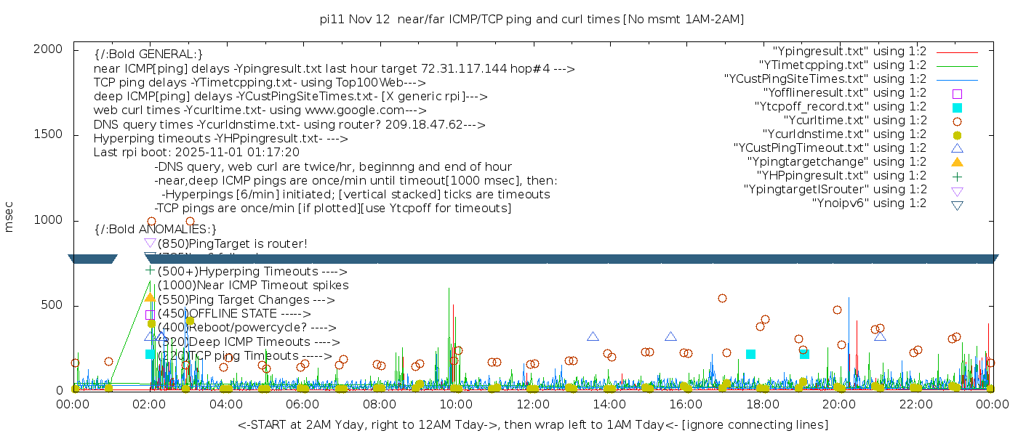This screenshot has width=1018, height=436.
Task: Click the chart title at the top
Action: (x=532, y=19)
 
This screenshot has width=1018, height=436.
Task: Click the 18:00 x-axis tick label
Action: (x=762, y=404)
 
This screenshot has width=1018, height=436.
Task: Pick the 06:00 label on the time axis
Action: (x=302, y=404)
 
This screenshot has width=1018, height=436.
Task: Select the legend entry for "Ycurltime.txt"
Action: (x=855, y=121)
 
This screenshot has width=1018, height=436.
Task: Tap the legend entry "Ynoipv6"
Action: (x=869, y=203)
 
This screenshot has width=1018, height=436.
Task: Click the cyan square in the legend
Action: (x=957, y=108)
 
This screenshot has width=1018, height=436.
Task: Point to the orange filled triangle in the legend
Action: (x=957, y=162)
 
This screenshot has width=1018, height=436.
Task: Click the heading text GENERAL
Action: (x=148, y=54)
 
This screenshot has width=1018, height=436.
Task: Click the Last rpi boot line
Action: (x=196, y=153)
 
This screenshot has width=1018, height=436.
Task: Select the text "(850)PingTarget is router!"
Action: (x=233, y=243)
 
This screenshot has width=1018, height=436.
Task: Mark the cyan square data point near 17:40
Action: (x=750, y=354)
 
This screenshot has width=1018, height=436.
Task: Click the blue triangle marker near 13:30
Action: (x=593, y=336)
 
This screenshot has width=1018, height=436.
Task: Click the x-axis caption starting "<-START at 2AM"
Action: (x=532, y=424)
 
